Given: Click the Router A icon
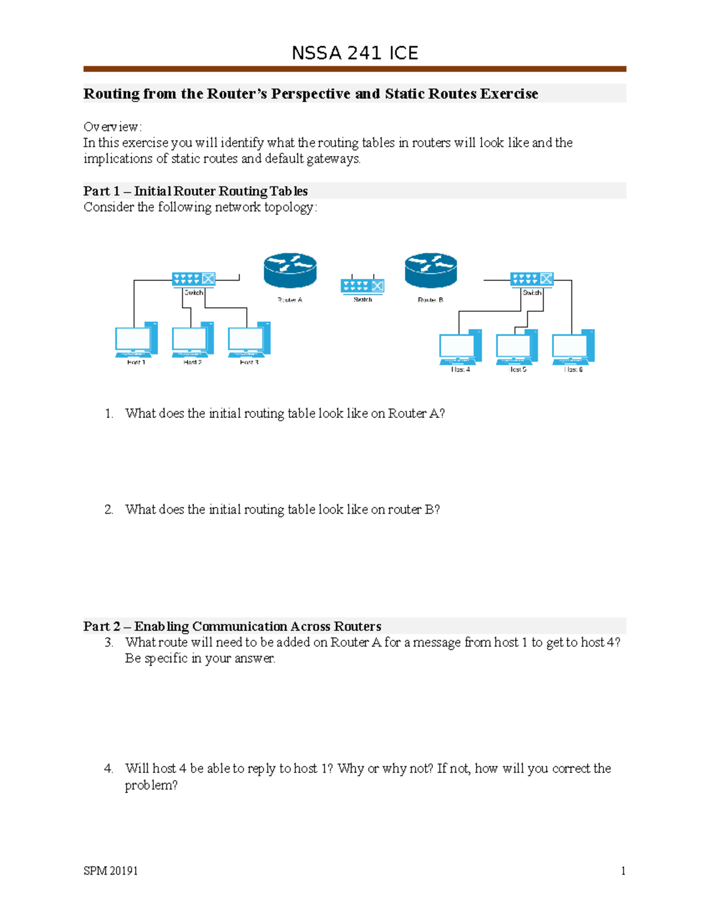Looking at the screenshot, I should tap(290, 271).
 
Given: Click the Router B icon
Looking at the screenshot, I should tap(431, 270).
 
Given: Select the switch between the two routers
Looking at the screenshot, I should tap(363, 286).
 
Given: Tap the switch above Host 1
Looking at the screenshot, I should tap(193, 279).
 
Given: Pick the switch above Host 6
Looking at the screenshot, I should tap(532, 279).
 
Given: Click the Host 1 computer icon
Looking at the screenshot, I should tap(136, 340).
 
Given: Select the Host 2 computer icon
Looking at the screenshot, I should tap(192, 340).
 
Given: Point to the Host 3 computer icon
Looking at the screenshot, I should tap(249, 340).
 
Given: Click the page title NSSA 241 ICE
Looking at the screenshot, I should tap(355, 53).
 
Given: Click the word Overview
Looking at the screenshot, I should tap(111, 127).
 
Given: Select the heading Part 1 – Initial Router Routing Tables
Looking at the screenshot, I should tap(195, 191).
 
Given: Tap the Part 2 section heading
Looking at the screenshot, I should tap(232, 626).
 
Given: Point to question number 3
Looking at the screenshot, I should tap(109, 643).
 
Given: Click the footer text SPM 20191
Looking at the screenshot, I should tap(111, 870).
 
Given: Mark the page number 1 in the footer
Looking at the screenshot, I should tap(623, 870).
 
